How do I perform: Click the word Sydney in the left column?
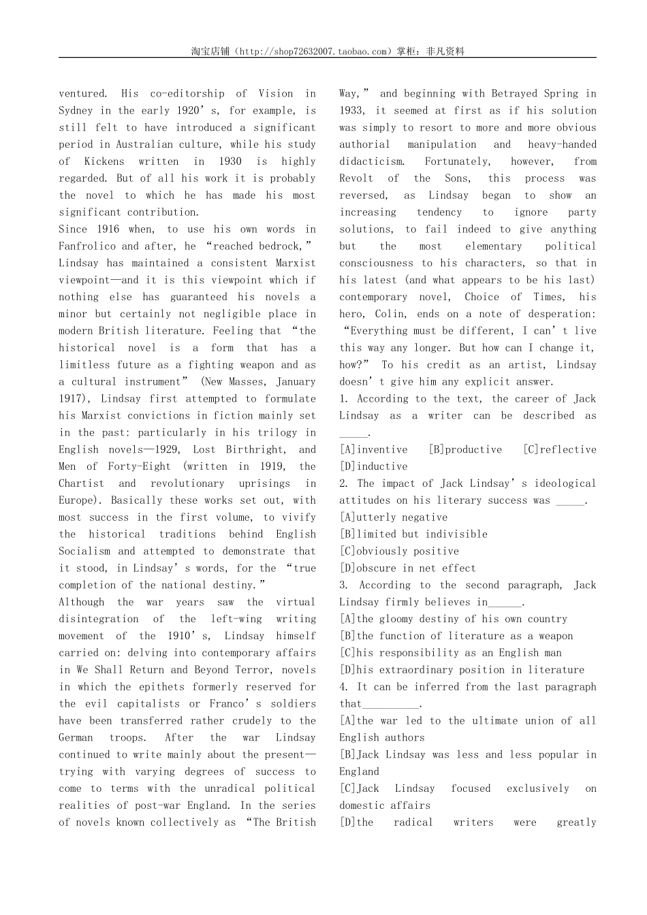click(x=76, y=110)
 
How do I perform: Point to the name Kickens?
click(x=104, y=161)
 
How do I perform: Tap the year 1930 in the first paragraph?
click(x=230, y=161)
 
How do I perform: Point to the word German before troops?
click(x=76, y=737)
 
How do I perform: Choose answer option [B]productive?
click(x=465, y=449)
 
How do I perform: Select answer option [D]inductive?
click(x=373, y=466)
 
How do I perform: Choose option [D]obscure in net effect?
click(x=407, y=568)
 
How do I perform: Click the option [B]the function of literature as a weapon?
click(x=456, y=636)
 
